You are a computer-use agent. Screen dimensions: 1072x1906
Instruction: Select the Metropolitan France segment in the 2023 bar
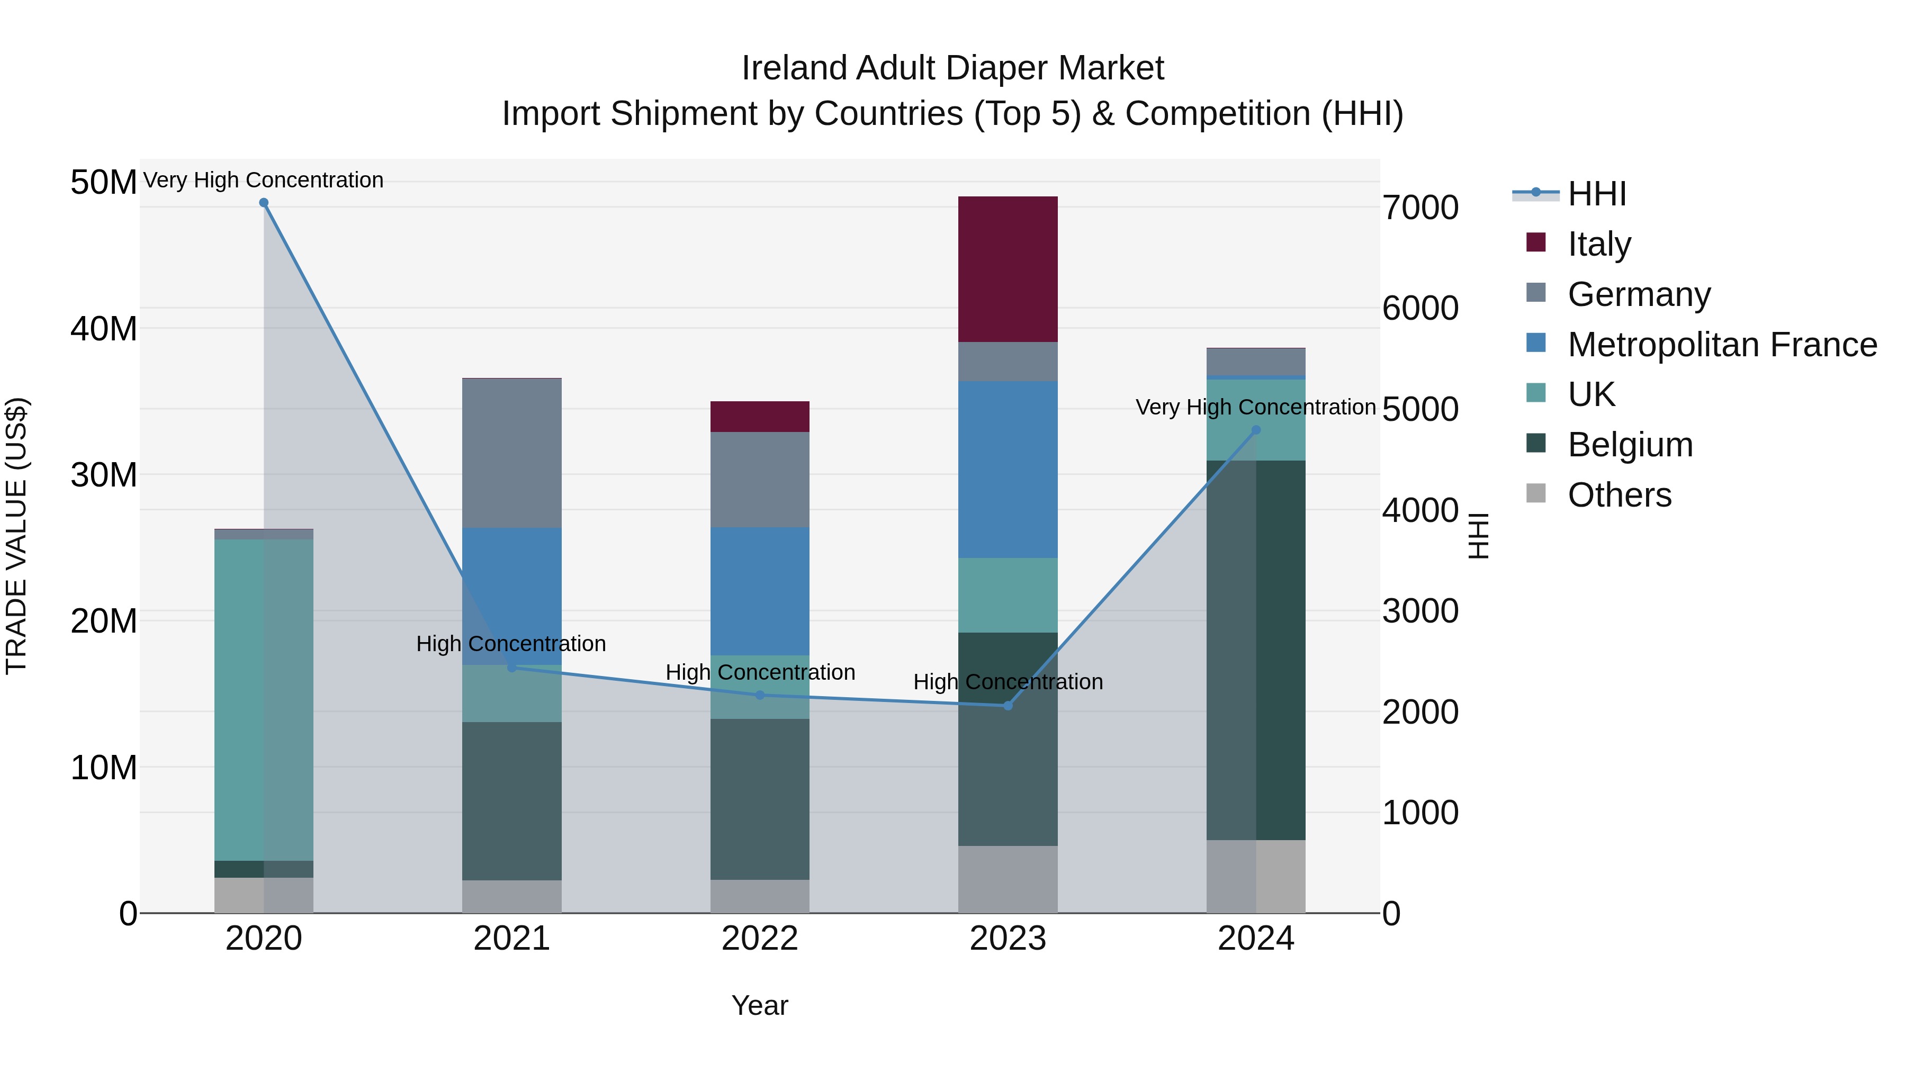pyautogui.click(x=1007, y=469)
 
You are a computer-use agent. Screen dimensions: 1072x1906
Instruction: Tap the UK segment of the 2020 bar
pyautogui.click(x=264, y=699)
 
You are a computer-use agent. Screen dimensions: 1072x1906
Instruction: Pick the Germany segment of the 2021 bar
pyautogui.click(x=511, y=453)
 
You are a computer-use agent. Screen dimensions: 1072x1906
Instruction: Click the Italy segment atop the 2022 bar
pyautogui.click(x=759, y=417)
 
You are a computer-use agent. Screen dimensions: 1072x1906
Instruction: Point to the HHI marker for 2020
pyautogui.click(x=264, y=203)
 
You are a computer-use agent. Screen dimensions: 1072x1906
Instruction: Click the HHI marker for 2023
pyautogui.click(x=1007, y=706)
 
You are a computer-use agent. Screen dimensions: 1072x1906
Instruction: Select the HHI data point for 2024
pyautogui.click(x=1256, y=430)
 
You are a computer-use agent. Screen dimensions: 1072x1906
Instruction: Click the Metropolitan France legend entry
pyautogui.click(x=1722, y=345)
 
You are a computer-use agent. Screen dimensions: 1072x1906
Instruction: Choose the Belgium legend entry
pyautogui.click(x=1630, y=445)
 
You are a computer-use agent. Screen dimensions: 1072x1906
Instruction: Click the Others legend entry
pyautogui.click(x=1619, y=495)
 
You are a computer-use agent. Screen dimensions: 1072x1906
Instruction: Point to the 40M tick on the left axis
pyautogui.click(x=104, y=328)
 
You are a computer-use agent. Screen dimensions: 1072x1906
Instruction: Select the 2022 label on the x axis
pyautogui.click(x=759, y=939)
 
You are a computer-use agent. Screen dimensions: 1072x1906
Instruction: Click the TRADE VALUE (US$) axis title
pyautogui.click(x=16, y=536)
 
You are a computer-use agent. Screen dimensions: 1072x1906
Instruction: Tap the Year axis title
pyautogui.click(x=759, y=1005)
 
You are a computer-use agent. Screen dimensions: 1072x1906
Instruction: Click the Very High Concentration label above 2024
pyautogui.click(x=1256, y=407)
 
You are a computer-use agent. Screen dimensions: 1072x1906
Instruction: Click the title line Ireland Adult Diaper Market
pyautogui.click(x=952, y=68)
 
